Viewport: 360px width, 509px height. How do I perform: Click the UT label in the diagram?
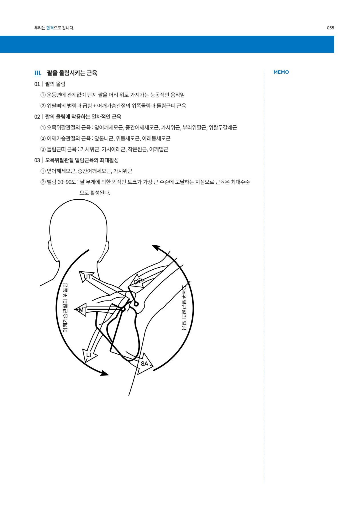pos(87,276)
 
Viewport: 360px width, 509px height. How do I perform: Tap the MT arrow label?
pos(83,310)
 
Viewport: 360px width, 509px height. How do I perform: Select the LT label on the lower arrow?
pos(89,355)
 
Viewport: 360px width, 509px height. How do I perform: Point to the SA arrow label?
pos(145,364)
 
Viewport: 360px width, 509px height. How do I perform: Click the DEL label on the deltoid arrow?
pos(139,281)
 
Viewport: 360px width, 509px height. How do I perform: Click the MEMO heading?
pos(281,72)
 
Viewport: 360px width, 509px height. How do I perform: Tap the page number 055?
pos(331,28)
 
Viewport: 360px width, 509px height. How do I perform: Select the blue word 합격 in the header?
pos(50,28)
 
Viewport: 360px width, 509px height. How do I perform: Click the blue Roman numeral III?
pos(38,73)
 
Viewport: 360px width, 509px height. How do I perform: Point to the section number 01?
pos(37,84)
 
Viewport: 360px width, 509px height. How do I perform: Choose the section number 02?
pos(37,117)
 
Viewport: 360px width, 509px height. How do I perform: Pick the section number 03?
pos(37,160)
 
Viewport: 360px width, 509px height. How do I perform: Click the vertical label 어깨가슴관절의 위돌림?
pos(65,308)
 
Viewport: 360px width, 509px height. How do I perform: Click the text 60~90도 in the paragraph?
pos(67,182)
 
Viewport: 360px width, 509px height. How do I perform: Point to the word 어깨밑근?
pos(159,149)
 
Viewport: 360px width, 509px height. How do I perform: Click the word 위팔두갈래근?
pos(223,127)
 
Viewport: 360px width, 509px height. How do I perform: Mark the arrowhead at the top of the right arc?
pos(155,247)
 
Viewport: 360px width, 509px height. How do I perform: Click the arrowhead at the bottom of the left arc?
pos(105,373)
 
